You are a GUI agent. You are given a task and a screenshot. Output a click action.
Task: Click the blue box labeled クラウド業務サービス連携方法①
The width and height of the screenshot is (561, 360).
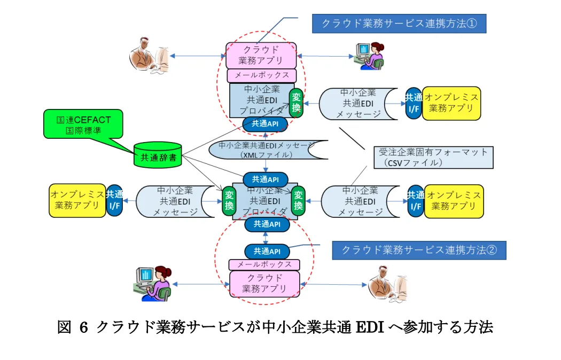click(x=399, y=24)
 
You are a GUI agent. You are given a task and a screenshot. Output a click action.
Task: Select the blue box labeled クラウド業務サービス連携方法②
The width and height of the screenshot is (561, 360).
click(x=419, y=249)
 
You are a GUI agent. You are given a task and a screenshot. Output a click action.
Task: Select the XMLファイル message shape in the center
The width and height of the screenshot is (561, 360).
click(x=266, y=150)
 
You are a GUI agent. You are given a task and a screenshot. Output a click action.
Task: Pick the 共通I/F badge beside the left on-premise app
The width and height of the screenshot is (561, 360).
click(x=114, y=200)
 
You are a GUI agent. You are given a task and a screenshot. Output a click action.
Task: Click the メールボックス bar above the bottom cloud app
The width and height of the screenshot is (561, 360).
click(x=264, y=264)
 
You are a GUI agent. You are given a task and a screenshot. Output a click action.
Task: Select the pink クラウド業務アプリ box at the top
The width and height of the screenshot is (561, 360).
click(x=261, y=56)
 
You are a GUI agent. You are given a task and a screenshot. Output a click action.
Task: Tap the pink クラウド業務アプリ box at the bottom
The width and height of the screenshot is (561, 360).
click(x=264, y=284)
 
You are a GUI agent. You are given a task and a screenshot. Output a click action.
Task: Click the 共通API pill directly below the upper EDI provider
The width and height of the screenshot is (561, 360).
click(x=265, y=123)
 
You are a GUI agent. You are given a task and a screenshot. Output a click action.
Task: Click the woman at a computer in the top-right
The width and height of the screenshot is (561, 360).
click(x=369, y=55)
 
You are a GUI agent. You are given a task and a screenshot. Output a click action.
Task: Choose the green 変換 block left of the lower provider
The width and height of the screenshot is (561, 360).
click(x=229, y=201)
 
